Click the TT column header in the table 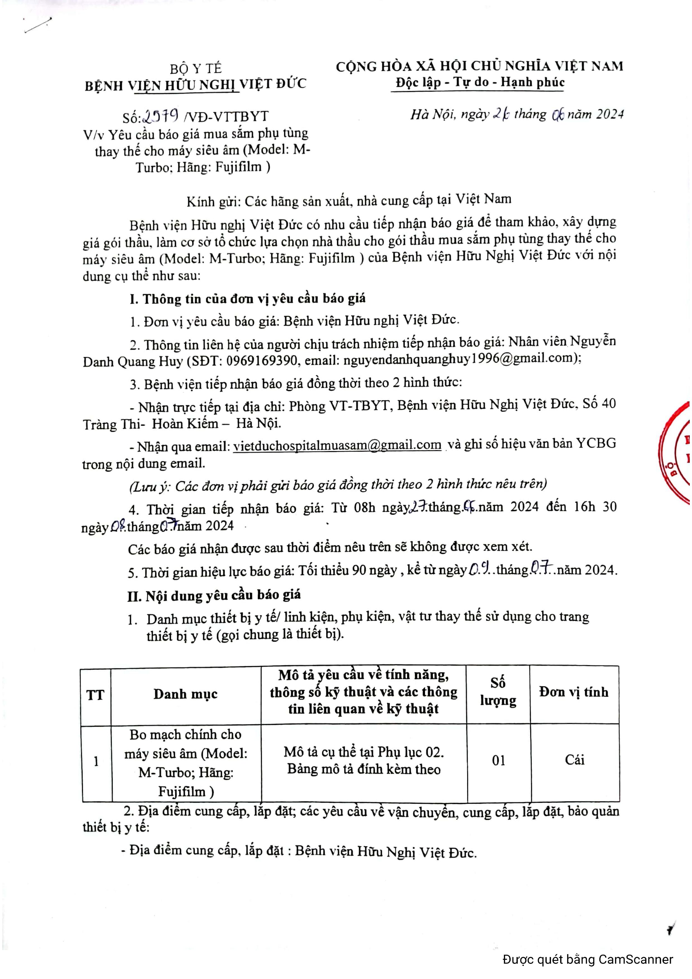(95, 695)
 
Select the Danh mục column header (186, 694)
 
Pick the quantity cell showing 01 (498, 760)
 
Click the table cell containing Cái (574, 760)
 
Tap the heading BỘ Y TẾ (196, 68)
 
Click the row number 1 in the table (96, 761)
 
